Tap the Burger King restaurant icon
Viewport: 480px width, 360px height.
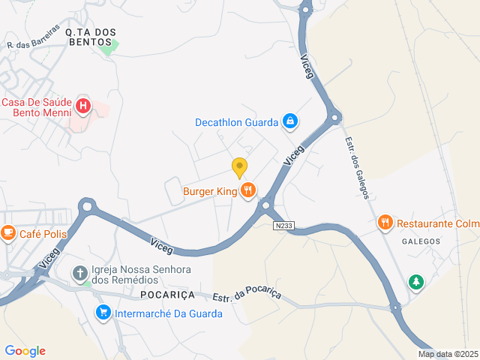pos(247,191)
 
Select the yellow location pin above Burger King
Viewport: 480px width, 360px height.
pos(239,167)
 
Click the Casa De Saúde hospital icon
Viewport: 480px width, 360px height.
pos(82,107)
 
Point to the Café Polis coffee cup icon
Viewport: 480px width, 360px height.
pos(8,233)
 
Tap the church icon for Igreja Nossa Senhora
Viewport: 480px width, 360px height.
pos(80,272)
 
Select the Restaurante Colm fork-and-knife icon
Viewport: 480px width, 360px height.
pos(385,223)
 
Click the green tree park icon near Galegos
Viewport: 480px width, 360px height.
pos(415,282)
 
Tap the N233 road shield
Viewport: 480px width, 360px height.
pos(283,225)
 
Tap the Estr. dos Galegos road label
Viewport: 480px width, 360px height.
pos(356,167)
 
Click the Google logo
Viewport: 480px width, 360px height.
pos(25,351)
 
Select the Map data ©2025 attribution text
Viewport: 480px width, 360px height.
pos(448,354)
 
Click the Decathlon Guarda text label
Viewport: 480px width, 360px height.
pos(236,122)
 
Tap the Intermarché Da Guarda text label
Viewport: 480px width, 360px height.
pos(168,313)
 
